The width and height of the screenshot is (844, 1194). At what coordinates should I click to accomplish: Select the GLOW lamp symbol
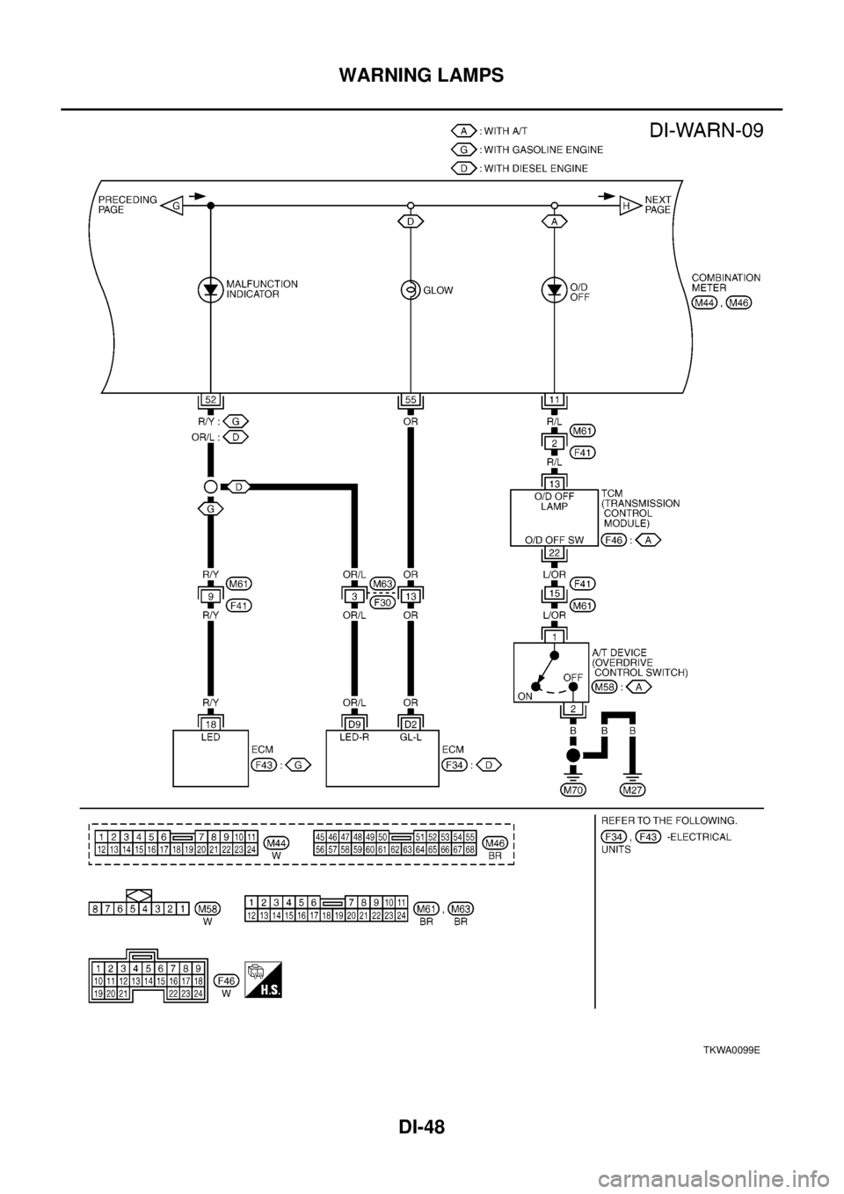(410, 289)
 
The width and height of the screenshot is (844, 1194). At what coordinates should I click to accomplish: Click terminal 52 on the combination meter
(211, 400)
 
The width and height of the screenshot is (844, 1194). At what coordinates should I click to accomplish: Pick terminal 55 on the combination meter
(410, 400)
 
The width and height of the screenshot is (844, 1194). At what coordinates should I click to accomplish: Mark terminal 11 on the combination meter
(555, 400)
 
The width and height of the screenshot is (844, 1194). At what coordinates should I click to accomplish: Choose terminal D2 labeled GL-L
(410, 723)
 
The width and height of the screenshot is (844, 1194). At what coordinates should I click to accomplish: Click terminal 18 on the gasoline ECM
(211, 723)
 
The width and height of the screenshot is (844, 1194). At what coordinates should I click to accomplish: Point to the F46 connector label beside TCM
(615, 539)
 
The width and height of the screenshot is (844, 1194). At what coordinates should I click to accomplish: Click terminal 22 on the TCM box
(555, 552)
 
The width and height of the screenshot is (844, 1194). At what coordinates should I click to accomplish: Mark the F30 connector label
(382, 603)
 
